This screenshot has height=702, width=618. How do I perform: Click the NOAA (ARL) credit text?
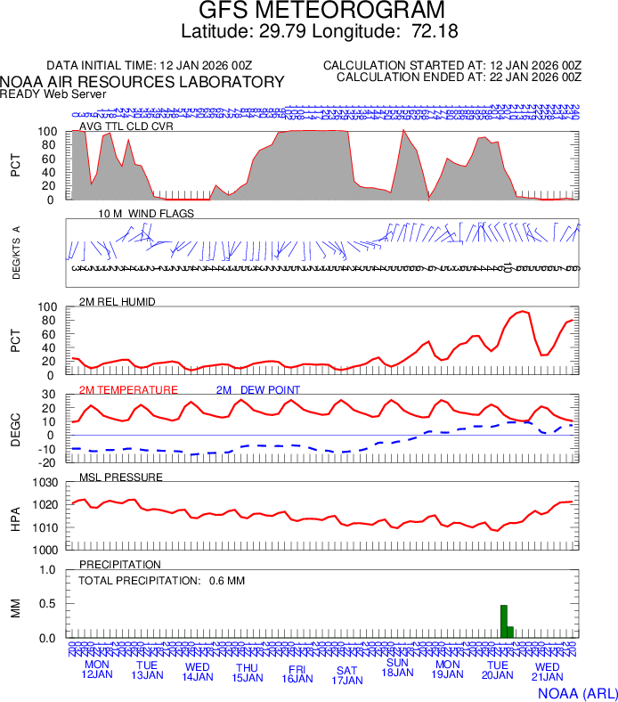tap(575, 691)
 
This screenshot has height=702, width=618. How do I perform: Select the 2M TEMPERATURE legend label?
tap(128, 390)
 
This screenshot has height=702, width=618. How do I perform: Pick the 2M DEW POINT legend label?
tap(257, 390)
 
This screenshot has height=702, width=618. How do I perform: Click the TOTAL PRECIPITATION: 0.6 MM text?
tap(161, 581)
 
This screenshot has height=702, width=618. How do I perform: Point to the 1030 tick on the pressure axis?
tap(45, 483)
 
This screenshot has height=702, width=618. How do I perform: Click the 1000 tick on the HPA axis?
tap(45, 550)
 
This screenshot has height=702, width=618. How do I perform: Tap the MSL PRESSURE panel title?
tap(121, 478)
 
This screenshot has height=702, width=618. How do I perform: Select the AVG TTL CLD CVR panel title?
tap(126, 126)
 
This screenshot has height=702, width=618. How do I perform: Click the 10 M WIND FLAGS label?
tap(146, 214)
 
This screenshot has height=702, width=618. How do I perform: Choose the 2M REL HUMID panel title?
tap(118, 302)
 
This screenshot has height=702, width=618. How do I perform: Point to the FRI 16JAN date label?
tap(297, 673)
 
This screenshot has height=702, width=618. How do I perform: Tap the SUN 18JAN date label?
tap(397, 667)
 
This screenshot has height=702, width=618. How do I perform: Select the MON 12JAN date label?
tap(97, 670)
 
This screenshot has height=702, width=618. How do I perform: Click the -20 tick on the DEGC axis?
tap(50, 462)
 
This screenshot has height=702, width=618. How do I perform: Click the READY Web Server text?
tap(53, 94)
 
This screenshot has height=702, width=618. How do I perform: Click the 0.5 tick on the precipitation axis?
tap(50, 604)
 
